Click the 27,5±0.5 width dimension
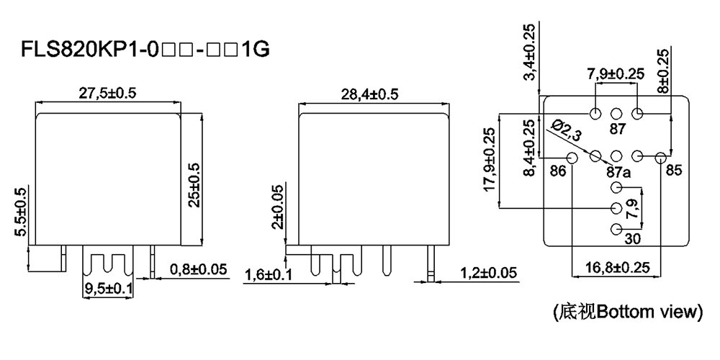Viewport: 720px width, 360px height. (x=107, y=93)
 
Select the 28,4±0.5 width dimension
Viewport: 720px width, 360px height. (x=369, y=94)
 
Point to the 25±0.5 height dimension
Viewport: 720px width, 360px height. (x=194, y=179)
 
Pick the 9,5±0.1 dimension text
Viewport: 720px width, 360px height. (x=109, y=289)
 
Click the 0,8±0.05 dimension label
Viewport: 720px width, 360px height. (x=199, y=269)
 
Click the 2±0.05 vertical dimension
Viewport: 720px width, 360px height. (x=277, y=206)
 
